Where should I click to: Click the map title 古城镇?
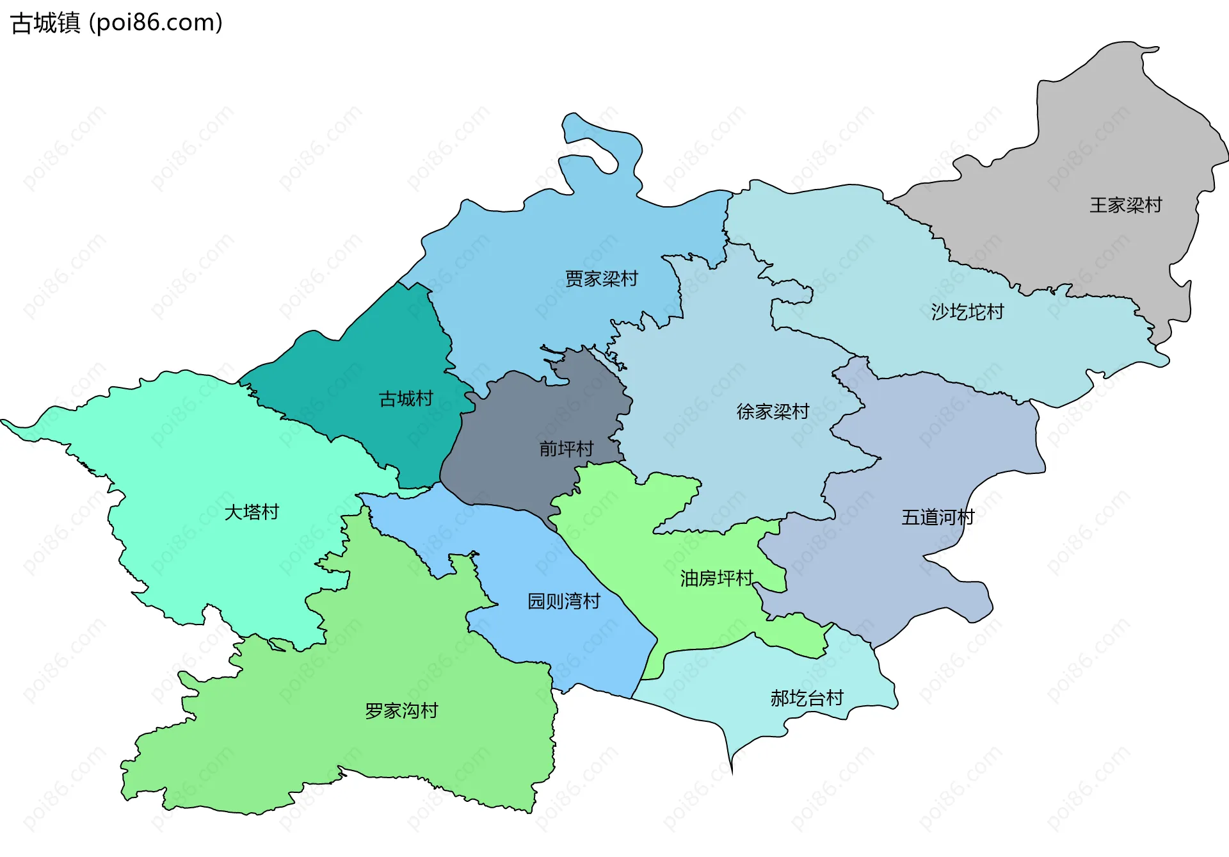pyautogui.click(x=45, y=23)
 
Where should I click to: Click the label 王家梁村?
pyautogui.click(x=1125, y=205)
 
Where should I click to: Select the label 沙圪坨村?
pyautogui.click(x=967, y=312)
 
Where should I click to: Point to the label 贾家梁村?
pyautogui.click(x=601, y=279)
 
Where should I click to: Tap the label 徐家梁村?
pyautogui.click(x=773, y=411)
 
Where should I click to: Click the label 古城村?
pyautogui.click(x=406, y=399)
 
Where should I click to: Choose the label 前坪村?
pyautogui.click(x=566, y=448)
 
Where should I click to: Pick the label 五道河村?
pyautogui.click(x=937, y=517)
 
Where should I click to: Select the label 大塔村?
pyautogui.click(x=252, y=512)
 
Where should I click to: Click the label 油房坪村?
pyautogui.click(x=716, y=578)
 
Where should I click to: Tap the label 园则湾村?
pyautogui.click(x=563, y=601)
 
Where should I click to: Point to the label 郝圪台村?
pyautogui.click(x=807, y=698)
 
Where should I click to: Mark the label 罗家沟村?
pyautogui.click(x=401, y=710)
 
